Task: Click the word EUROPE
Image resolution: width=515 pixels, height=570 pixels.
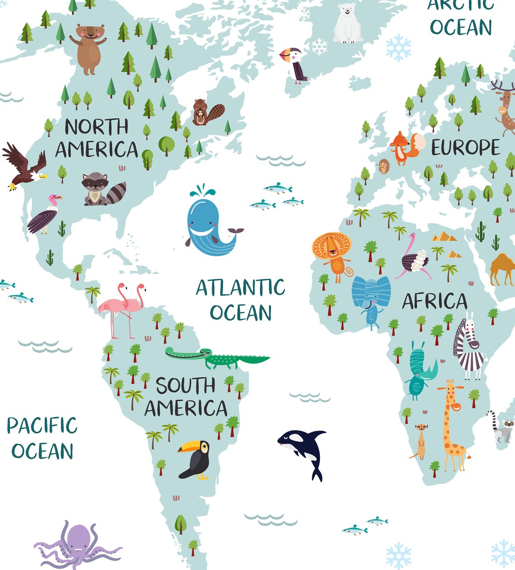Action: [x=465, y=148]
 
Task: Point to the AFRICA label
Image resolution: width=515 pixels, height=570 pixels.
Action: [x=435, y=301]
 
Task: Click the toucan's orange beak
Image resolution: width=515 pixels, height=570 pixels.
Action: [x=186, y=448]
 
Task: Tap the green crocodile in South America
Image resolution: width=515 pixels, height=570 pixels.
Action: [x=217, y=358]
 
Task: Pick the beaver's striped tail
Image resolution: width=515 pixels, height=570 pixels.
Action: [x=216, y=112]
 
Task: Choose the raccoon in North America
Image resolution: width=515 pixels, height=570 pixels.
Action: [x=100, y=189]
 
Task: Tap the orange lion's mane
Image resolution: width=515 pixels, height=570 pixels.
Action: [x=331, y=246]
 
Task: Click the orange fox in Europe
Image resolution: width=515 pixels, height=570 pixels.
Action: [x=402, y=147]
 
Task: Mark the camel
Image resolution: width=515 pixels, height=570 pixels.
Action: [x=502, y=269]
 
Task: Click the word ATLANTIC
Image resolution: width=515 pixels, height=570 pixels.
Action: [x=240, y=288]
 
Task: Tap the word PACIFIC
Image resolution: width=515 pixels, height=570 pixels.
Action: [x=42, y=426]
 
